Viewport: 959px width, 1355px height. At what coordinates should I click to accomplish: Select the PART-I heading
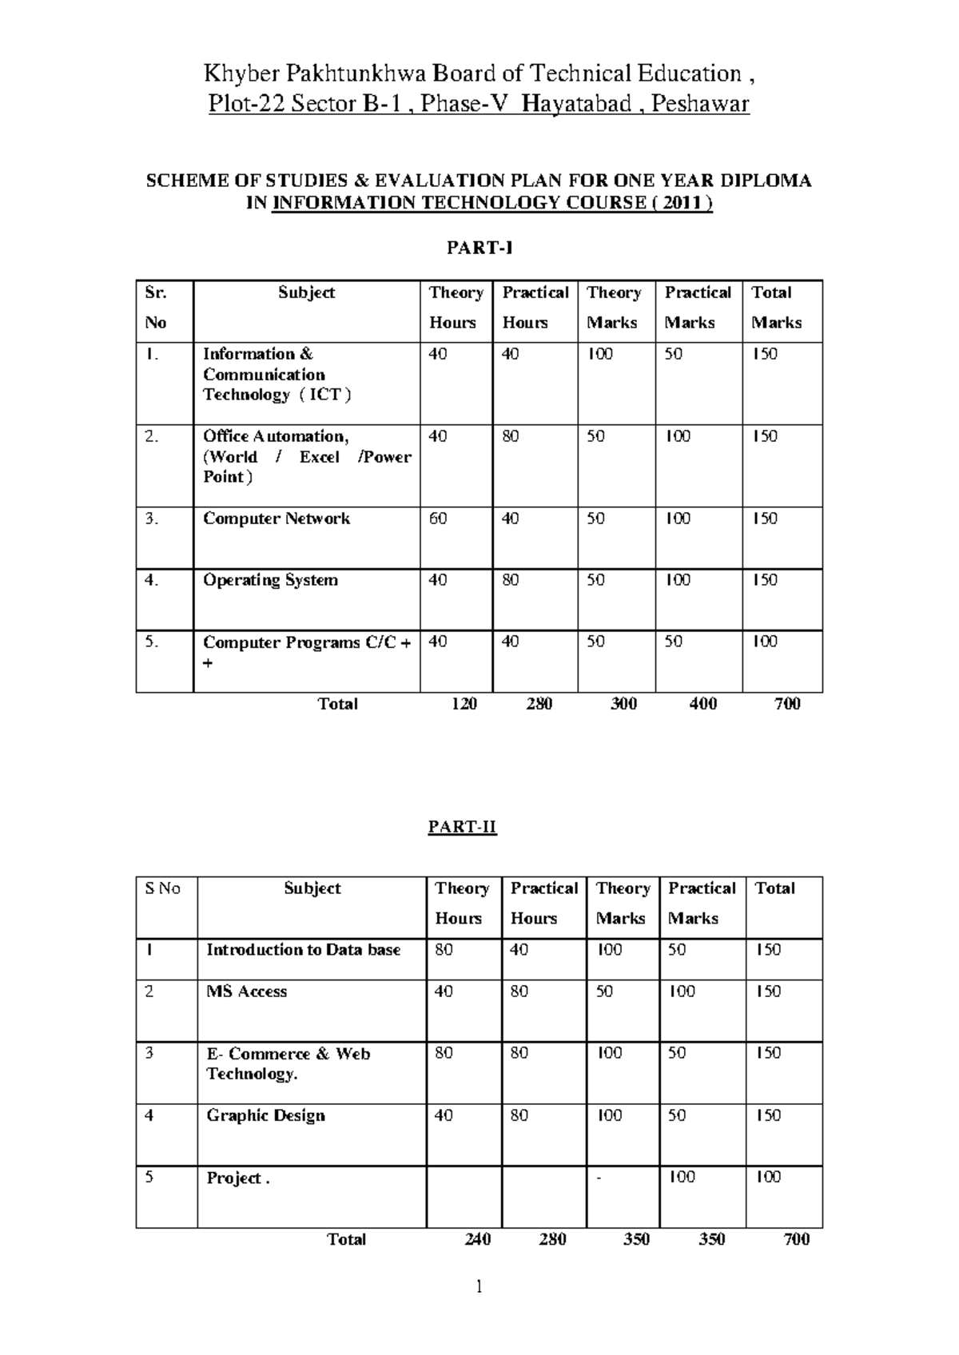(x=479, y=248)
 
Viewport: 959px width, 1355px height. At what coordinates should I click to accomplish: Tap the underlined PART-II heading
(x=462, y=827)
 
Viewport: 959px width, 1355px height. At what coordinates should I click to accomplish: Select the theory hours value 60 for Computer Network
(x=438, y=519)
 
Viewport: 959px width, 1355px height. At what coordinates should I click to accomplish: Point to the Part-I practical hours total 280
(x=539, y=704)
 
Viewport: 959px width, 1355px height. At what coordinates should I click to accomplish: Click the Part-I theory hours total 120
(x=464, y=704)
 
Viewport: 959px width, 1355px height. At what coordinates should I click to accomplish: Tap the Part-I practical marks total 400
(x=702, y=704)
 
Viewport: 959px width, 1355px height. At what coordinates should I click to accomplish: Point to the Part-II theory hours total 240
(x=477, y=1239)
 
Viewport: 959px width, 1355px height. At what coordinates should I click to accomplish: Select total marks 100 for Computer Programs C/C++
(x=765, y=642)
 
